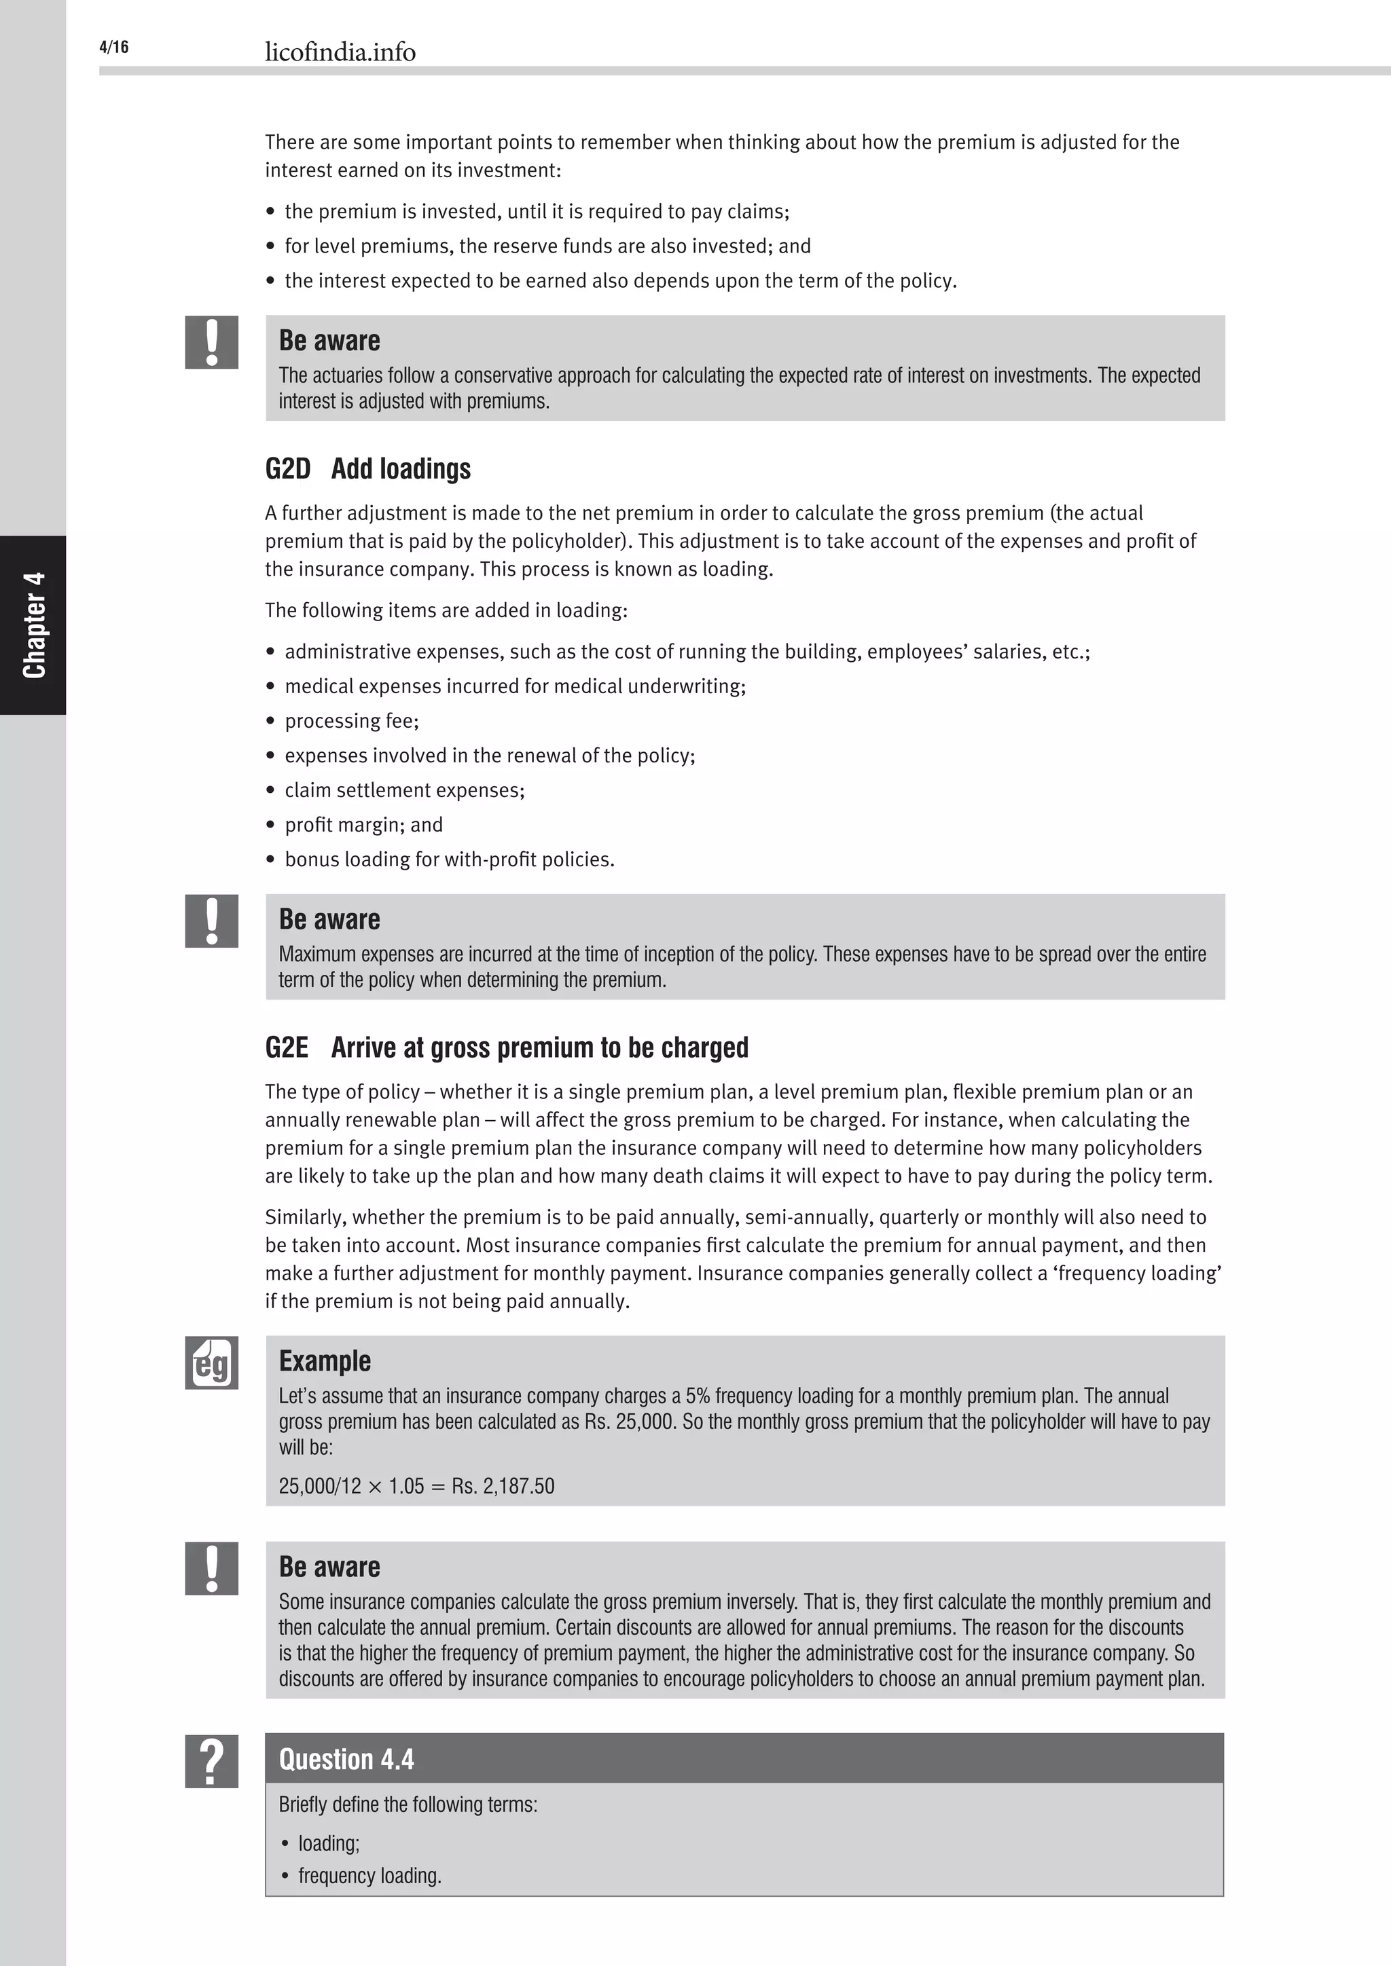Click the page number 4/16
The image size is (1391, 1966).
tap(114, 47)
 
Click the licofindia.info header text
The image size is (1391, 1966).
tap(340, 52)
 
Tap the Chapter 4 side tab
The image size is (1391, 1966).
tap(33, 625)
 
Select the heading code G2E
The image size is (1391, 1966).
tap(286, 1048)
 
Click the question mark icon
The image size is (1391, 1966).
tap(211, 1762)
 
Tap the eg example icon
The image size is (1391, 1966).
tap(211, 1362)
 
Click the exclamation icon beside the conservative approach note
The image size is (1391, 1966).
tap(211, 343)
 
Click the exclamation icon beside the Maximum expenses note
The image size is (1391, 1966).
tap(211, 921)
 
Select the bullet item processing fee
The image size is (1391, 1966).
tap(351, 721)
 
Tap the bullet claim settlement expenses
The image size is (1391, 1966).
tap(404, 790)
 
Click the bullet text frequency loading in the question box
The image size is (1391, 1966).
tap(369, 1876)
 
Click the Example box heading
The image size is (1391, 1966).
tap(325, 1362)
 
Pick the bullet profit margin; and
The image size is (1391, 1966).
tap(363, 825)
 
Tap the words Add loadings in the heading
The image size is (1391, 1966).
tap(401, 469)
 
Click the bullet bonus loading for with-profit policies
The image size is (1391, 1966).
tap(449, 859)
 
